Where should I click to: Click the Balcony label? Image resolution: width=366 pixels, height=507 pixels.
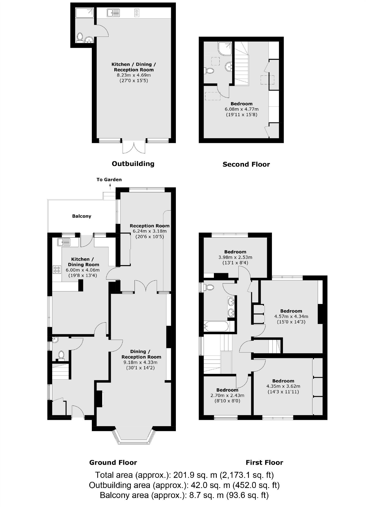pyautogui.click(x=82, y=216)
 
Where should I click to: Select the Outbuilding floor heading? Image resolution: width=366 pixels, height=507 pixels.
pyautogui.click(x=133, y=164)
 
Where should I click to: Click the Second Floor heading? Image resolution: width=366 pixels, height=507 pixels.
pyautogui.click(x=246, y=164)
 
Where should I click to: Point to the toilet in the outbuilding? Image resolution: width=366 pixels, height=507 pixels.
pyautogui.click(x=80, y=37)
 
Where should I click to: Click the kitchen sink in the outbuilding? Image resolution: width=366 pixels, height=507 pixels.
pyautogui.click(x=113, y=13)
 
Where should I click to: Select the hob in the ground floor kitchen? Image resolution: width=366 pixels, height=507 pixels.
pyautogui.click(x=57, y=269)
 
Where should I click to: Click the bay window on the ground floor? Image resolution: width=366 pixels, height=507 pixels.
pyautogui.click(x=134, y=439)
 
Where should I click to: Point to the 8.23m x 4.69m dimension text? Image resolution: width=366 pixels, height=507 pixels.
pyautogui.click(x=134, y=75)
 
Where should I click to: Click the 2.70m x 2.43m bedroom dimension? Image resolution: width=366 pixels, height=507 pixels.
pyautogui.click(x=227, y=395)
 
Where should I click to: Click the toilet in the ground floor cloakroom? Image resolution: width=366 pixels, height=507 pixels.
pyautogui.click(x=61, y=355)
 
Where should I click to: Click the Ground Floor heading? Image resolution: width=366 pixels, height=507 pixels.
pyautogui.click(x=113, y=462)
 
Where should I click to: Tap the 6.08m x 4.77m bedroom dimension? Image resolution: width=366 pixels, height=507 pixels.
pyautogui.click(x=241, y=109)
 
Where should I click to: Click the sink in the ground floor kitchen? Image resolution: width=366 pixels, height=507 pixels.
pyautogui.click(x=64, y=242)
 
